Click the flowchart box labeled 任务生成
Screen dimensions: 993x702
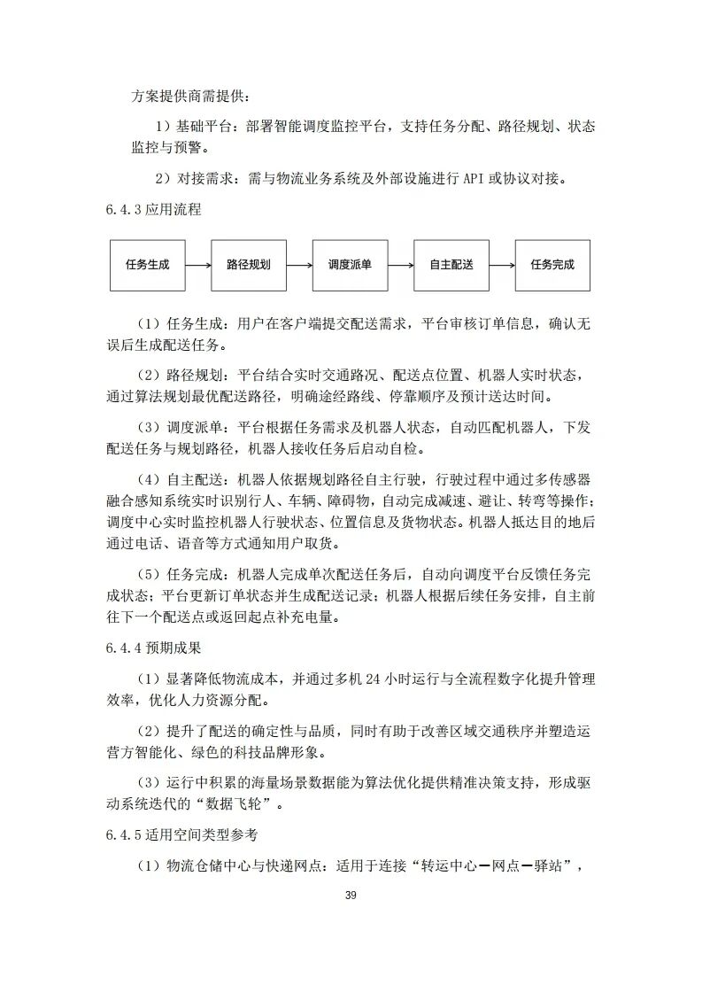click(147, 264)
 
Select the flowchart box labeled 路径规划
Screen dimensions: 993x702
click(249, 264)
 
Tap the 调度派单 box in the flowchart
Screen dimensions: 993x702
click(350, 264)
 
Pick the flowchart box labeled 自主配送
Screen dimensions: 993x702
click(451, 264)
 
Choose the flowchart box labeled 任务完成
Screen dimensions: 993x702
click(552, 264)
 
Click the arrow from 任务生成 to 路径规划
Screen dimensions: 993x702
click(198, 264)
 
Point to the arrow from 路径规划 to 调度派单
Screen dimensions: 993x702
click(299, 264)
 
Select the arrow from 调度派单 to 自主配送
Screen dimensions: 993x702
click(400, 264)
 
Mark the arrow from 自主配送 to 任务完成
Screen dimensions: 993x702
click(502, 264)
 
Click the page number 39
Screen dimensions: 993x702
click(351, 896)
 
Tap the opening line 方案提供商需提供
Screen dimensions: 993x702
click(190, 95)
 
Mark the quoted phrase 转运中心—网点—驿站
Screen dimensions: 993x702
click(491, 866)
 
